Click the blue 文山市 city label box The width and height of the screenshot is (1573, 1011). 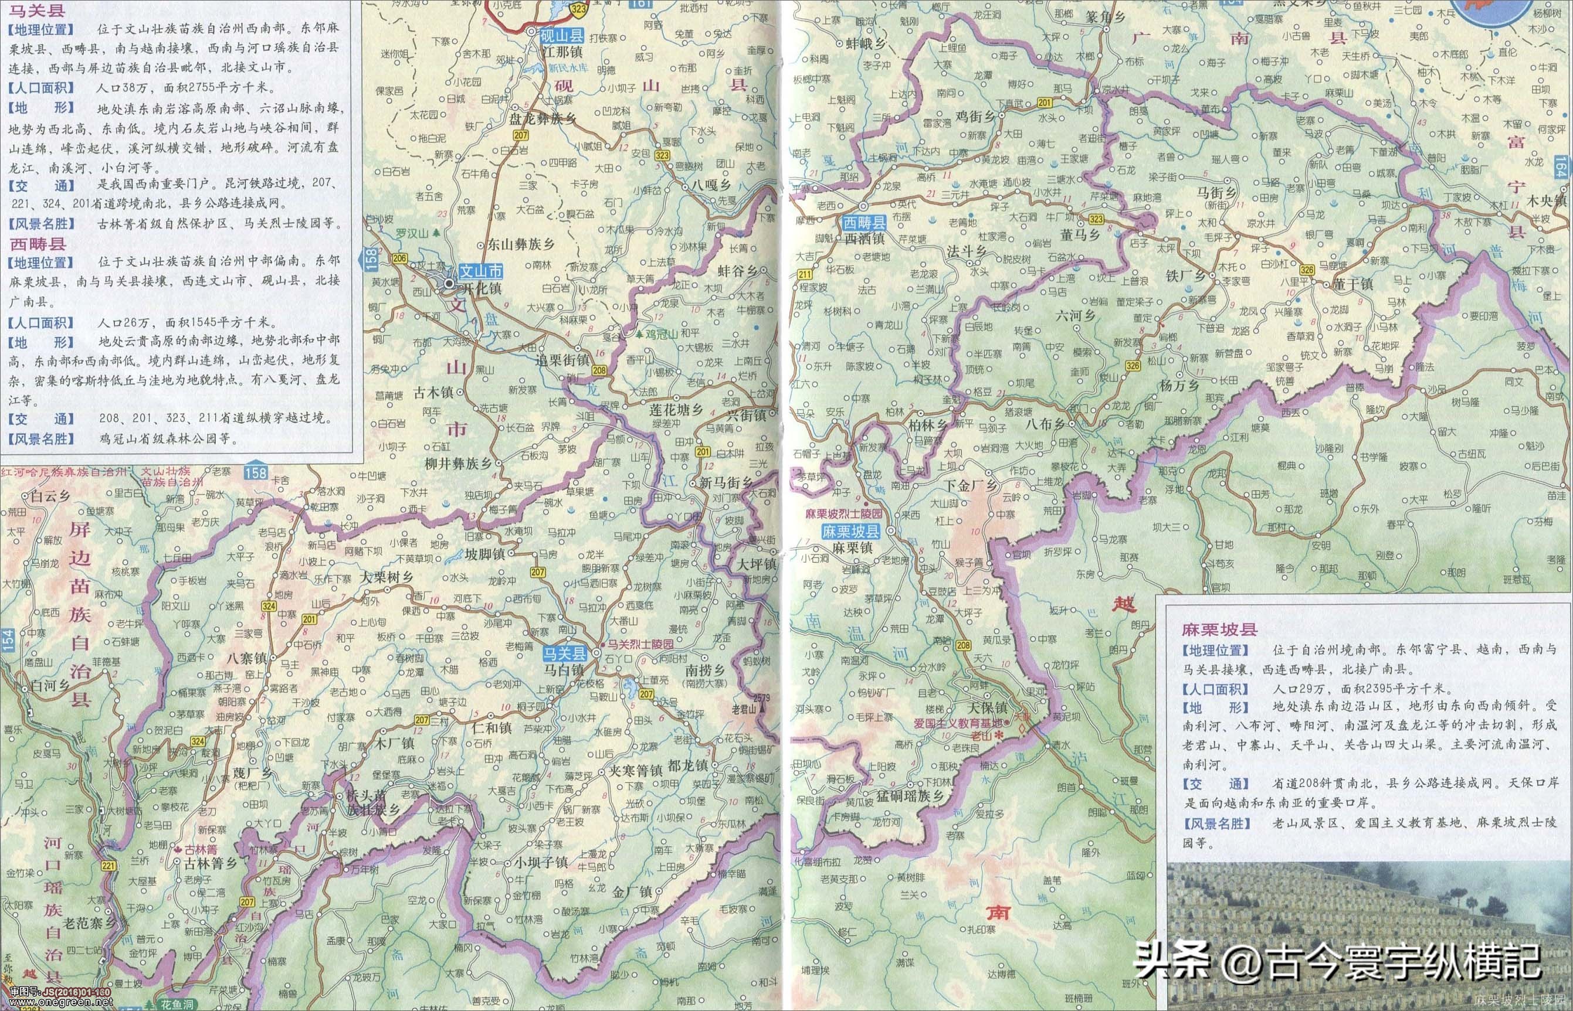[481, 272]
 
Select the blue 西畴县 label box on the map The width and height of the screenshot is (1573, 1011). [865, 223]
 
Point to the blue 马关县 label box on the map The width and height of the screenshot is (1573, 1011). [564, 653]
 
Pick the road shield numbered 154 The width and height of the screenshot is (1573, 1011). [7, 640]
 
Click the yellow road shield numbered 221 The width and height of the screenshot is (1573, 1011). [109, 867]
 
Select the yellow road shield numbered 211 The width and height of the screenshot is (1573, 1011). [804, 273]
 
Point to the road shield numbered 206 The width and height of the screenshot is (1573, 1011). [399, 258]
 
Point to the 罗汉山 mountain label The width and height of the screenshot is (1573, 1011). [412, 233]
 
